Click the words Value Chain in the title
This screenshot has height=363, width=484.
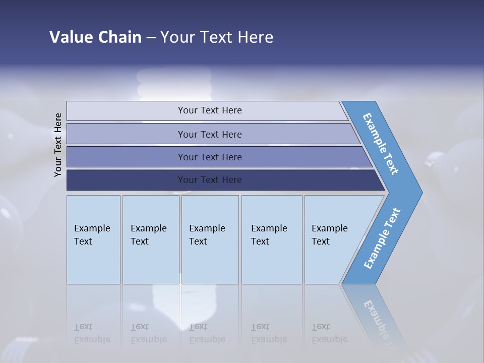(95, 37)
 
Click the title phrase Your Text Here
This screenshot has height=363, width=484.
(217, 37)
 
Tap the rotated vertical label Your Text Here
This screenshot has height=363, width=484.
(58, 145)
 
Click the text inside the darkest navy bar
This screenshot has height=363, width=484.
(210, 180)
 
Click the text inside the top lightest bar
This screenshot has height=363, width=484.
(210, 110)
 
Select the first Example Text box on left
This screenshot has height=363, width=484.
(93, 239)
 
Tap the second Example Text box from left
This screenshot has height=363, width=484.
(150, 239)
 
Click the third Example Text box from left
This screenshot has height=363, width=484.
(210, 239)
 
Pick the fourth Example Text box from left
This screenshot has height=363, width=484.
(271, 239)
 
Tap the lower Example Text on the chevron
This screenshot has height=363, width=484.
(382, 238)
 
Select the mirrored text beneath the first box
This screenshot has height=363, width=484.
(92, 333)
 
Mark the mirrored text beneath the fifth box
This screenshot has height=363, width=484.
(330, 333)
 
